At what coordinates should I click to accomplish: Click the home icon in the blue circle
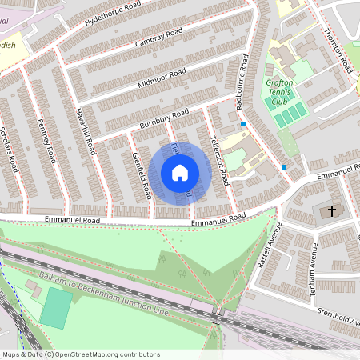180,172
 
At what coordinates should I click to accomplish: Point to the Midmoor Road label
162,78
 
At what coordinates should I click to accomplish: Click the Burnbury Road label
163,116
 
